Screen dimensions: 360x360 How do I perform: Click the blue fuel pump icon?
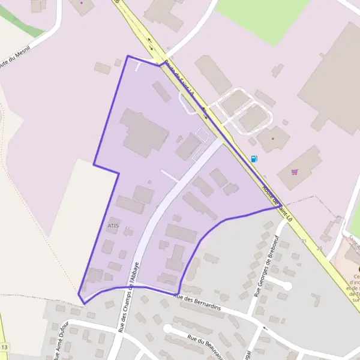[254, 159]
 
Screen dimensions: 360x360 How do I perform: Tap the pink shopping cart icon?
[295, 172]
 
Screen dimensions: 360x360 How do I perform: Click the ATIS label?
[113, 226]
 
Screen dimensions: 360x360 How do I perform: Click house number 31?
[304, 241]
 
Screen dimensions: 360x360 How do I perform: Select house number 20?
[319, 248]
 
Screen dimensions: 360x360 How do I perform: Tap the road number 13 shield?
[5, 348]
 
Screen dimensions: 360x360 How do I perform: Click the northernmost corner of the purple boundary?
[128, 56]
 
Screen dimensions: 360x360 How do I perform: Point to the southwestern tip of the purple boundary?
[83, 303]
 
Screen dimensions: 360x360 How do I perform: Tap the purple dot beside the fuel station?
[272, 139]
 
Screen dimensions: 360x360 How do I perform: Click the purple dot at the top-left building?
[82, 3]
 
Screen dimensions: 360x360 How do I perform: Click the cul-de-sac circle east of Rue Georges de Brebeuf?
[287, 286]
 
